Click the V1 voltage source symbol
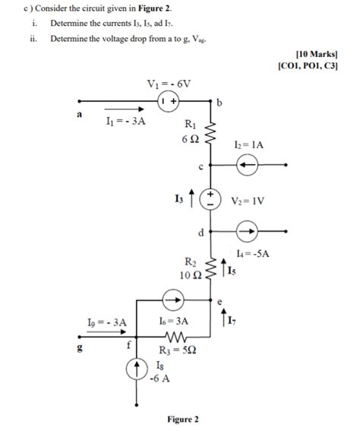[168, 100]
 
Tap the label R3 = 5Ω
[175, 350]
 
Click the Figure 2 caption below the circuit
[182, 420]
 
